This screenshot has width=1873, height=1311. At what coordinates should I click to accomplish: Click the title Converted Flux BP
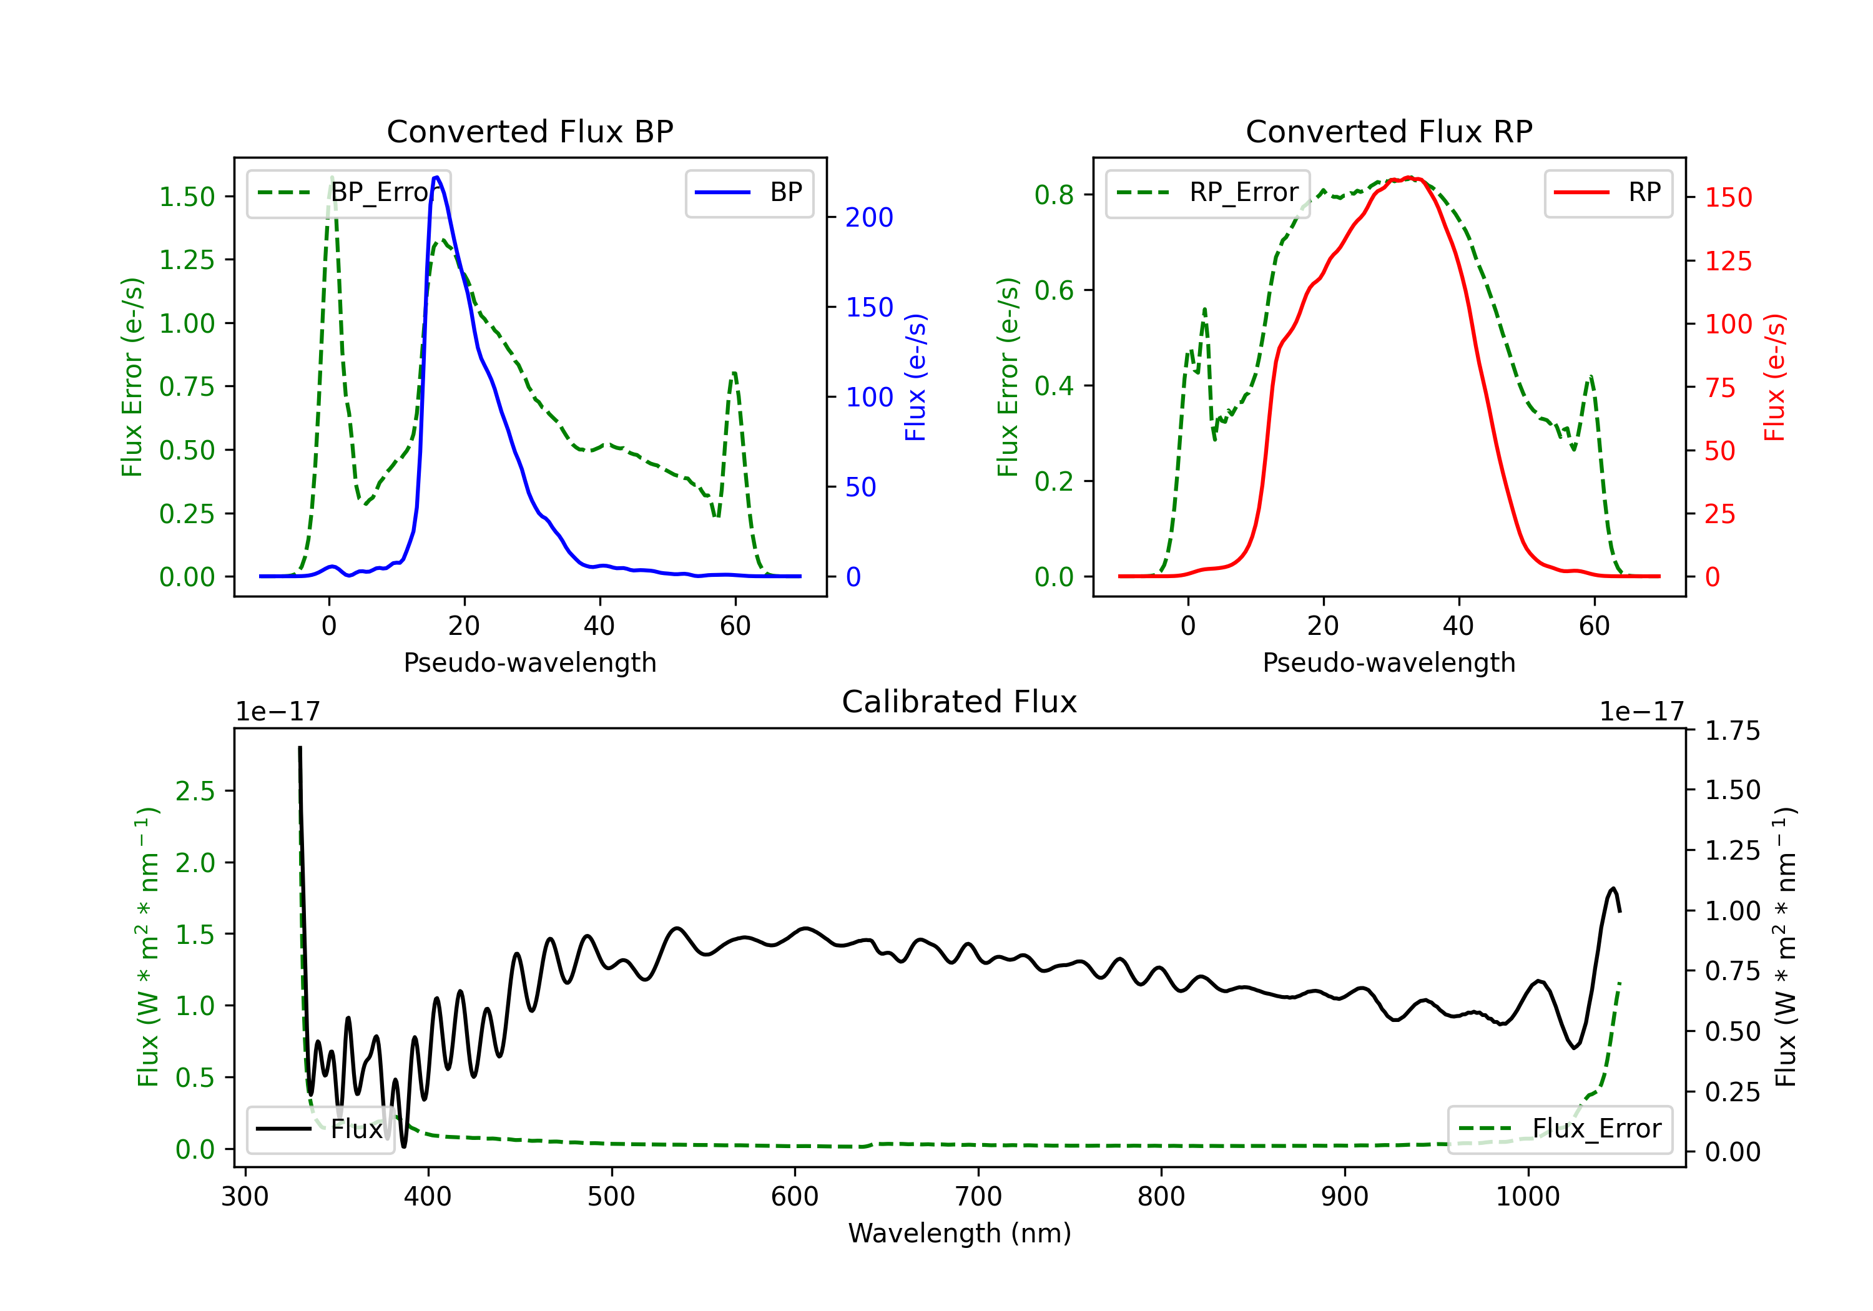(529, 131)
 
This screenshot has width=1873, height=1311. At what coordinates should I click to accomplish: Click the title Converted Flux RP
(1389, 131)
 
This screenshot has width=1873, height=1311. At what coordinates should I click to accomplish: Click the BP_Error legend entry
(349, 192)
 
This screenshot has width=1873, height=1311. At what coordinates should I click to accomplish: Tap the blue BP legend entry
(749, 192)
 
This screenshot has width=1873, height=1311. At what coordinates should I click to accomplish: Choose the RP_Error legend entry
(1207, 192)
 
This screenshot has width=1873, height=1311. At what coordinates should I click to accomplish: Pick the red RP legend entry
(1608, 192)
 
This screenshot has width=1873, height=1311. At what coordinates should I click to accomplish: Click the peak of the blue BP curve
(436, 177)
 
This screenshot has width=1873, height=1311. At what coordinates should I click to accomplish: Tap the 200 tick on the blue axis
(869, 217)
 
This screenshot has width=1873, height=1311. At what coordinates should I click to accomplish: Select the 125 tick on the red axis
(1728, 261)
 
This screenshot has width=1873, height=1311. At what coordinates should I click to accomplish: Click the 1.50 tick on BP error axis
(187, 197)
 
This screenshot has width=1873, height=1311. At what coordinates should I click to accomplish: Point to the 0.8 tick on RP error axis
(1054, 194)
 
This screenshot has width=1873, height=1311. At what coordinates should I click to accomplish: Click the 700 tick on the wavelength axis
(978, 1197)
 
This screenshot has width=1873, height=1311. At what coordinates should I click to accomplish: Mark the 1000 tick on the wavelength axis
(1528, 1197)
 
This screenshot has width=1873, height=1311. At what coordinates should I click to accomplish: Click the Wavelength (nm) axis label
(960, 1234)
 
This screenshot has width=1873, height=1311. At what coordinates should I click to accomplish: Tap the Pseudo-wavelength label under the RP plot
(1389, 662)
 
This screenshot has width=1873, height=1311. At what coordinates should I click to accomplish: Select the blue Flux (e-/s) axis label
(915, 378)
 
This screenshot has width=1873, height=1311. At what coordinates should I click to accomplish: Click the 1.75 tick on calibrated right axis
(1733, 731)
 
